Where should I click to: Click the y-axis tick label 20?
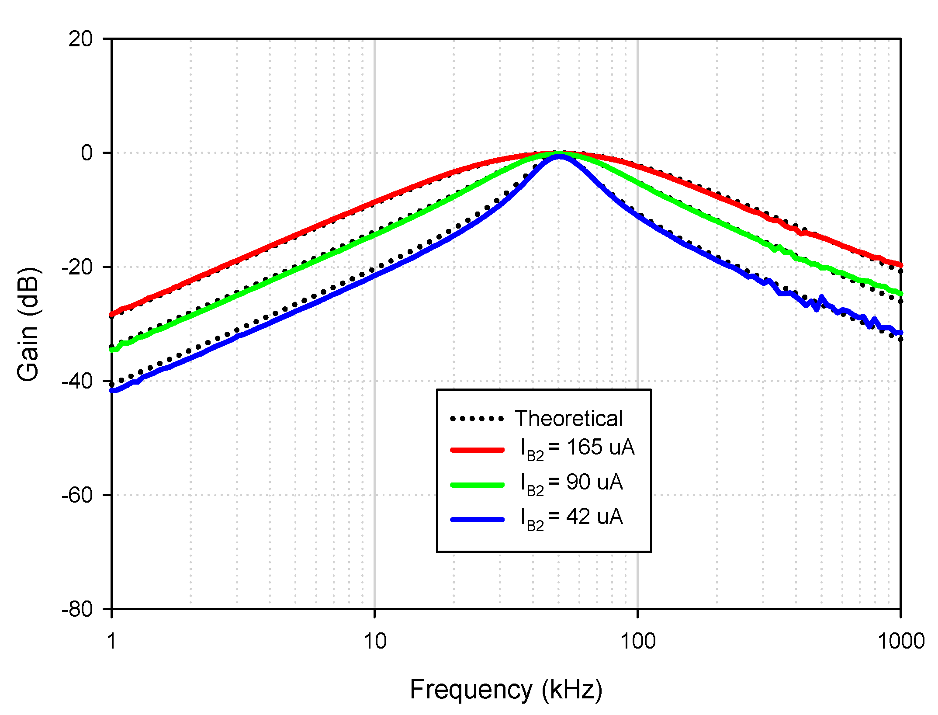[x=81, y=39]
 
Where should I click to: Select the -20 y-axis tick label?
[x=77, y=267]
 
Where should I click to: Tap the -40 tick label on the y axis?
[x=77, y=381]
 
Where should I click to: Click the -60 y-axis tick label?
[x=77, y=495]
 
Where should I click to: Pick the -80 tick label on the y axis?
[x=77, y=609]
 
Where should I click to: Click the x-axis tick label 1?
[x=112, y=642]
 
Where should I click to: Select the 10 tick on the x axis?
[x=375, y=642]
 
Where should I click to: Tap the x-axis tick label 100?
[x=638, y=642]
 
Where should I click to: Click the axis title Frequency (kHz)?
[x=506, y=690]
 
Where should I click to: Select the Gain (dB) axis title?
[x=28, y=324]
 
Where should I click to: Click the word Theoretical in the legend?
[x=568, y=419]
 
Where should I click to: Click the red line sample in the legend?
[x=477, y=450]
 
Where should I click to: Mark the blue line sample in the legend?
[x=477, y=520]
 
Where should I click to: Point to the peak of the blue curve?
[x=559, y=156]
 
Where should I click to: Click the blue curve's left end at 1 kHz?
[x=113, y=390]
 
